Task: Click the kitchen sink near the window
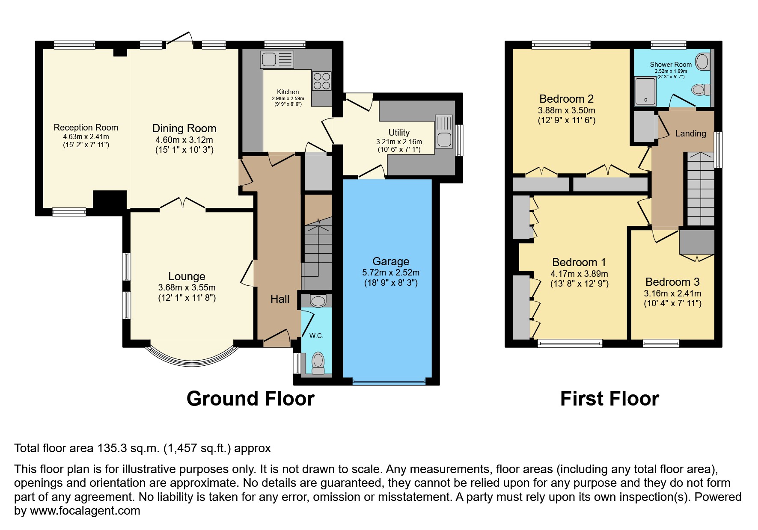[x=276, y=59]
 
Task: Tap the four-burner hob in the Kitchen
[x=322, y=80]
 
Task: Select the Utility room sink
[x=444, y=131]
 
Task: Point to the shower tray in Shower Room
[x=645, y=91]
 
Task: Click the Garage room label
[x=391, y=261]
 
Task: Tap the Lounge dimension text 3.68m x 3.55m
[x=187, y=287]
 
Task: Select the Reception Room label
[x=86, y=127]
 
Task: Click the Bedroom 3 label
[x=672, y=282]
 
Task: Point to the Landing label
[x=690, y=133]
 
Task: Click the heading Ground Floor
[x=250, y=399]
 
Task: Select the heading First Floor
[x=609, y=399]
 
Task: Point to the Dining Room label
[x=184, y=128]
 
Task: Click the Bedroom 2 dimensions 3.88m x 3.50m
[x=566, y=110]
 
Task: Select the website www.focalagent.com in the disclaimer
[x=85, y=511]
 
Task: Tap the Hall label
[x=280, y=299]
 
